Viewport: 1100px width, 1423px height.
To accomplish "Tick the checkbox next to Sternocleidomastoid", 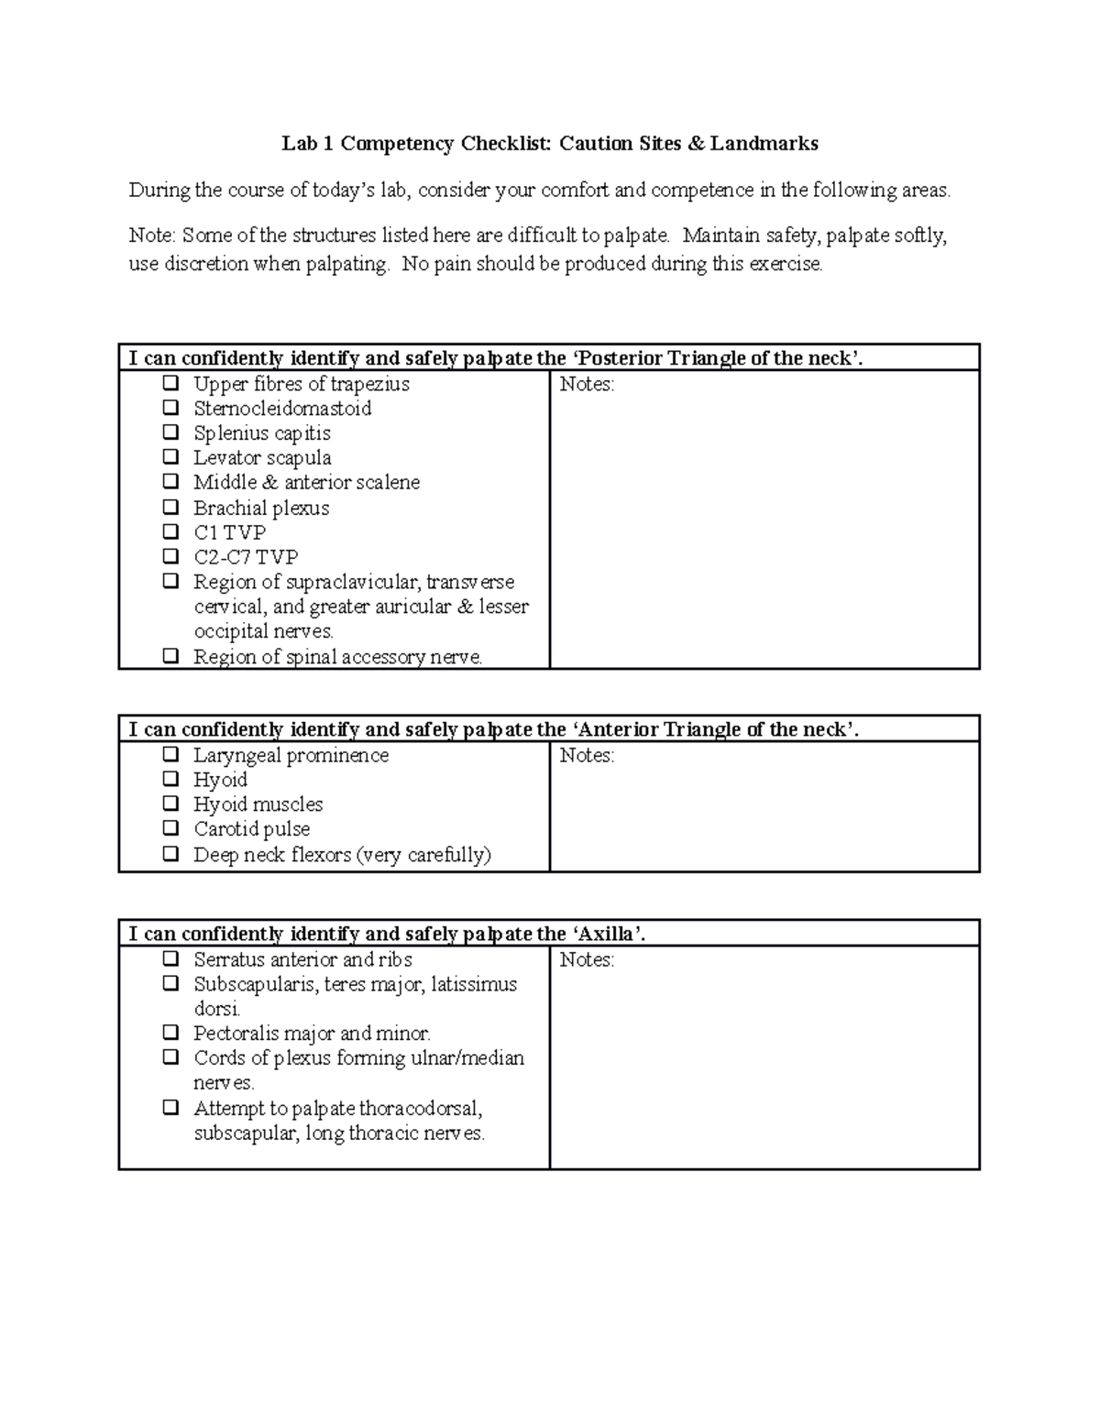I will [170, 407].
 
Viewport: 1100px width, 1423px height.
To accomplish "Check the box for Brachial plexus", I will [170, 507].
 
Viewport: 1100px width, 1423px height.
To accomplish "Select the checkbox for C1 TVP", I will [170, 531].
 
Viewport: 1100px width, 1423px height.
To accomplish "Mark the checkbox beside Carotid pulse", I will [170, 828].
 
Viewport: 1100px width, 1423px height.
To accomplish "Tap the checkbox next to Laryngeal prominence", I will [170, 754].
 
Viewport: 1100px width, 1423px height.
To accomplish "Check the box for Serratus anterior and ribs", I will [170, 958].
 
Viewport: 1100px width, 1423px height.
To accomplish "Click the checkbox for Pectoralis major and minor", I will [170, 1033].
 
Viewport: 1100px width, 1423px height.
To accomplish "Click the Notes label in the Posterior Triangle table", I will [586, 385].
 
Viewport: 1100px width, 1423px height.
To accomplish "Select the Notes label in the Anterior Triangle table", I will [586, 756].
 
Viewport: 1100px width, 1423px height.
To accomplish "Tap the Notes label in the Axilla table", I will [586, 960].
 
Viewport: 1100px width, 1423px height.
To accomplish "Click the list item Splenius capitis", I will [261, 432].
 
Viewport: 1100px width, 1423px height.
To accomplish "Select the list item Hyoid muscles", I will [258, 805].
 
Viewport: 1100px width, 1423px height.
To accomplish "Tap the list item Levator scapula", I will [262, 457].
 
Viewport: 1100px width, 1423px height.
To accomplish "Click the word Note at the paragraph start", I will [150, 235].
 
